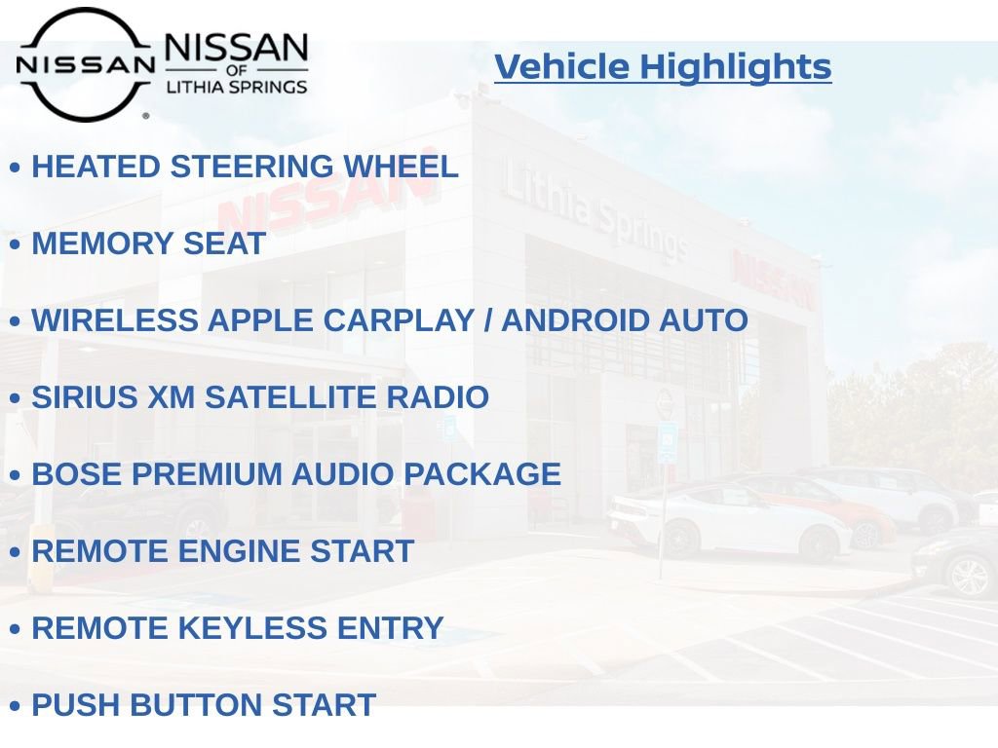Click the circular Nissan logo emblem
click(x=85, y=64)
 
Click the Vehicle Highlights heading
click(x=663, y=67)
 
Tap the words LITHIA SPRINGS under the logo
click(x=237, y=87)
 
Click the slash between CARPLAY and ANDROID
click(x=488, y=320)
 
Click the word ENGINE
click(x=240, y=551)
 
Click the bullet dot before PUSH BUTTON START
click(x=15, y=706)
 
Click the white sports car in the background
click(x=726, y=519)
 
